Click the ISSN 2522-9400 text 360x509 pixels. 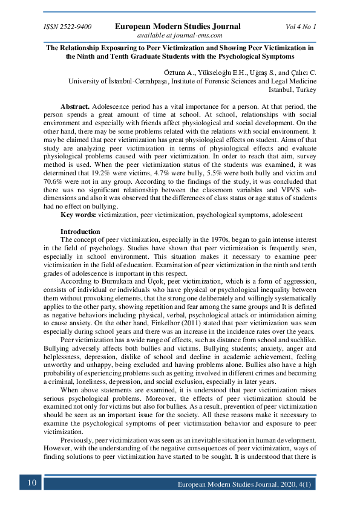pyautogui.click(x=68, y=27)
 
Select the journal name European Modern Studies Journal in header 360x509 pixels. pyautogui.click(x=178, y=27)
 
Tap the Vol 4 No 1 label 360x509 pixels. pyautogui.click(x=301, y=27)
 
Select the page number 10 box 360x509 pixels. pyautogui.click(x=31, y=482)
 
